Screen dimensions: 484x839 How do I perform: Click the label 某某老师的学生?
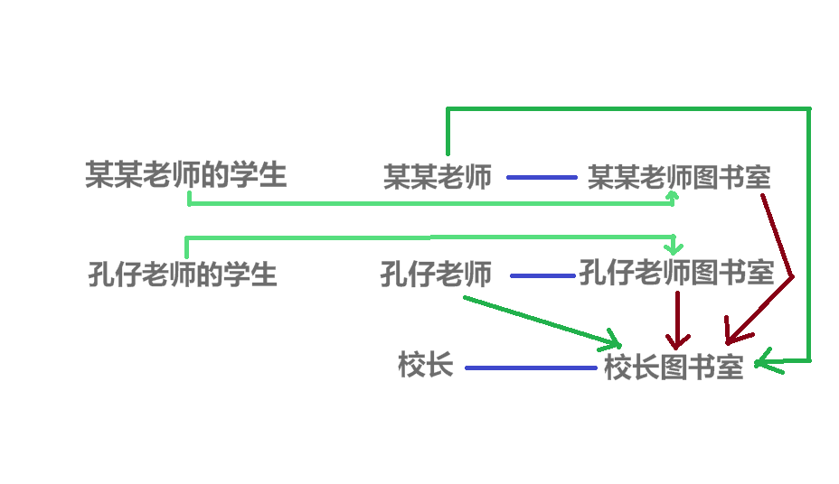[185, 174]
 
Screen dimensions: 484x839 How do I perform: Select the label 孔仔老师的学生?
[183, 273]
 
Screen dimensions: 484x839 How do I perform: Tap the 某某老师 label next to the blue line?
[438, 176]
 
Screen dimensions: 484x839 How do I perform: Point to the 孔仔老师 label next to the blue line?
[436, 273]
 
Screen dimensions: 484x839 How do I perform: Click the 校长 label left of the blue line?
[425, 365]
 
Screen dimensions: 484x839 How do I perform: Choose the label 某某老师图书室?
[679, 176]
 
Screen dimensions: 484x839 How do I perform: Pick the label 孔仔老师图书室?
[676, 272]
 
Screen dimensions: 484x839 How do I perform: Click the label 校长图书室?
[674, 368]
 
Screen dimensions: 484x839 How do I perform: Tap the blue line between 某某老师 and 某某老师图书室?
[542, 177]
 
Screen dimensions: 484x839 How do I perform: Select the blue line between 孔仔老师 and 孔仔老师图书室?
[542, 275]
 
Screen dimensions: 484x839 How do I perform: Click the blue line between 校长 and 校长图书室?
[531, 368]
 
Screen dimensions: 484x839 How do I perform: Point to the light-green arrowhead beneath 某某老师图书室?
[674, 196]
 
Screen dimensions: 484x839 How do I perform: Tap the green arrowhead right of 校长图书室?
[763, 362]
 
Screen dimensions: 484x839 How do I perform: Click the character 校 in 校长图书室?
[617, 368]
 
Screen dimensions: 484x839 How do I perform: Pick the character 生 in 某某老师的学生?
[271, 174]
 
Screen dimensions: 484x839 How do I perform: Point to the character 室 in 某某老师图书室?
[758, 176]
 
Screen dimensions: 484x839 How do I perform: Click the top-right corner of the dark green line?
[808, 109]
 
